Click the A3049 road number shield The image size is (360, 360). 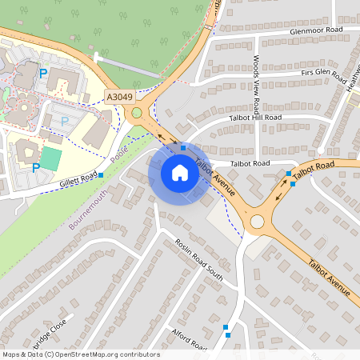click(118, 97)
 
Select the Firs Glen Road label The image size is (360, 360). click(323, 75)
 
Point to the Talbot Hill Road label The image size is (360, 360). click(257, 118)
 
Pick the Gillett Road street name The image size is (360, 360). click(78, 180)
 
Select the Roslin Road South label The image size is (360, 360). click(199, 257)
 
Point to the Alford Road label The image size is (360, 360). click(190, 338)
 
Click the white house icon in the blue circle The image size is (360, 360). click(180, 172)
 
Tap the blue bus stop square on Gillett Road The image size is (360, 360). click(100, 174)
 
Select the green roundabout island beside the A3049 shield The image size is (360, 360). click(137, 113)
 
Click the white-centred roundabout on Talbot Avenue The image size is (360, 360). click(257, 222)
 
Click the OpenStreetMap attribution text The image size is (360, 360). click(81, 354)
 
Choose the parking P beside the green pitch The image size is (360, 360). click(36, 167)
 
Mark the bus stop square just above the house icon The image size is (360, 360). click(183, 148)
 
